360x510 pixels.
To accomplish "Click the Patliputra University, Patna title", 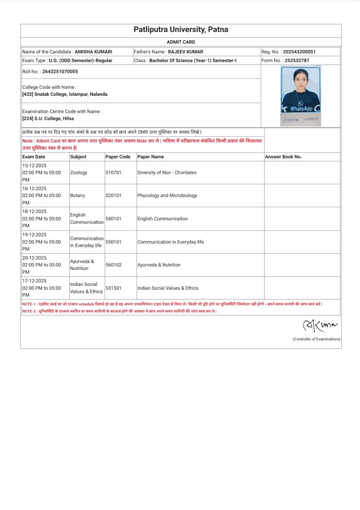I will click(x=181, y=29).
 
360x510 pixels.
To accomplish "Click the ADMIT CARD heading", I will click(x=181, y=42).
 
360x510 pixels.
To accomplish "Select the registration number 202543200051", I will click(x=299, y=52).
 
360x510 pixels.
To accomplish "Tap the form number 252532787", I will click(x=297, y=60).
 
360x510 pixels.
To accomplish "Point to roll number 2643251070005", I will click(x=60, y=71).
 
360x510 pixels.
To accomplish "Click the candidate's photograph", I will click(x=300, y=89).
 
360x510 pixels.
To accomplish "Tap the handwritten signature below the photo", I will click(x=300, y=119).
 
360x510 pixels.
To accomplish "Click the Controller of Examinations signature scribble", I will click(x=319, y=325).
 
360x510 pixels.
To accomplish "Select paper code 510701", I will click(x=113, y=173).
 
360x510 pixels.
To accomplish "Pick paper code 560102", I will click(x=114, y=265).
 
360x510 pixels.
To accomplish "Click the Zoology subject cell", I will click(x=79, y=173).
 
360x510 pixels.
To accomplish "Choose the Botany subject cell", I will click(x=77, y=196).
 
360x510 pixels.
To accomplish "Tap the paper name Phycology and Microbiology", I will click(x=167, y=196).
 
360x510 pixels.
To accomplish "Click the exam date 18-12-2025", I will click(x=34, y=211).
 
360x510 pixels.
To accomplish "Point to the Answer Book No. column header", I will click(x=283, y=157).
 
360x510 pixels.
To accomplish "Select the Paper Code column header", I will click(x=118, y=157).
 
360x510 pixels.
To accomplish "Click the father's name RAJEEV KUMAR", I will click(x=185, y=52).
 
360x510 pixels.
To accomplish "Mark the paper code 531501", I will click(x=113, y=288).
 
